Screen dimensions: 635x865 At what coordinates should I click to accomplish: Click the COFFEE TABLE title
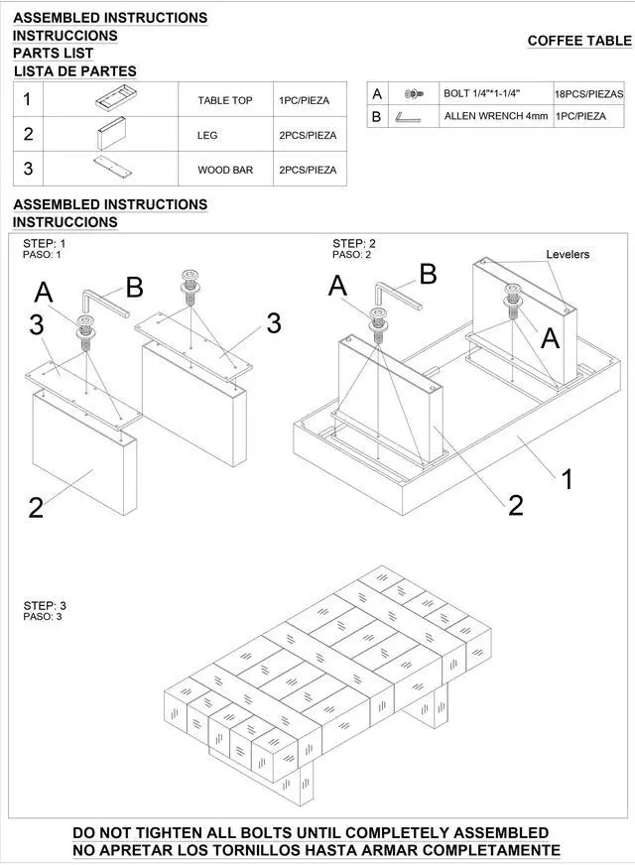(578, 41)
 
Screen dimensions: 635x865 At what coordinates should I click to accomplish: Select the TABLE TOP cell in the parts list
(225, 100)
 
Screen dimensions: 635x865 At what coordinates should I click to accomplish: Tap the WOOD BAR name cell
(225, 170)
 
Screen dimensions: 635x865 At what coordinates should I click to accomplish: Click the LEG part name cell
(207, 135)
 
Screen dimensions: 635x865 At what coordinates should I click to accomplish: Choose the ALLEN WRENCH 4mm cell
(495, 116)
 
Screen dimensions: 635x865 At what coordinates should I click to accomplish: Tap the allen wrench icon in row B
(408, 117)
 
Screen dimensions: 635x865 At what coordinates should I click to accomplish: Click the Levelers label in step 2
(568, 255)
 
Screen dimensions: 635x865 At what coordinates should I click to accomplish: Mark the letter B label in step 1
(134, 288)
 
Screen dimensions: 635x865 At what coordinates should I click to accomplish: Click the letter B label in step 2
(428, 275)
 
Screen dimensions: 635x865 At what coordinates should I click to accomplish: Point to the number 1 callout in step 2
(566, 480)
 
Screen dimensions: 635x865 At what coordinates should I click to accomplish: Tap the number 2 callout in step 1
(36, 508)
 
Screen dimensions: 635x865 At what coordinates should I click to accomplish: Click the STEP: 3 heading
(45, 605)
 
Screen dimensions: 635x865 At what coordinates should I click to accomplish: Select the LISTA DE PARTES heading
(75, 71)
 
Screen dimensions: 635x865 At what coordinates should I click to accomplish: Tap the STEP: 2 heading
(354, 243)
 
